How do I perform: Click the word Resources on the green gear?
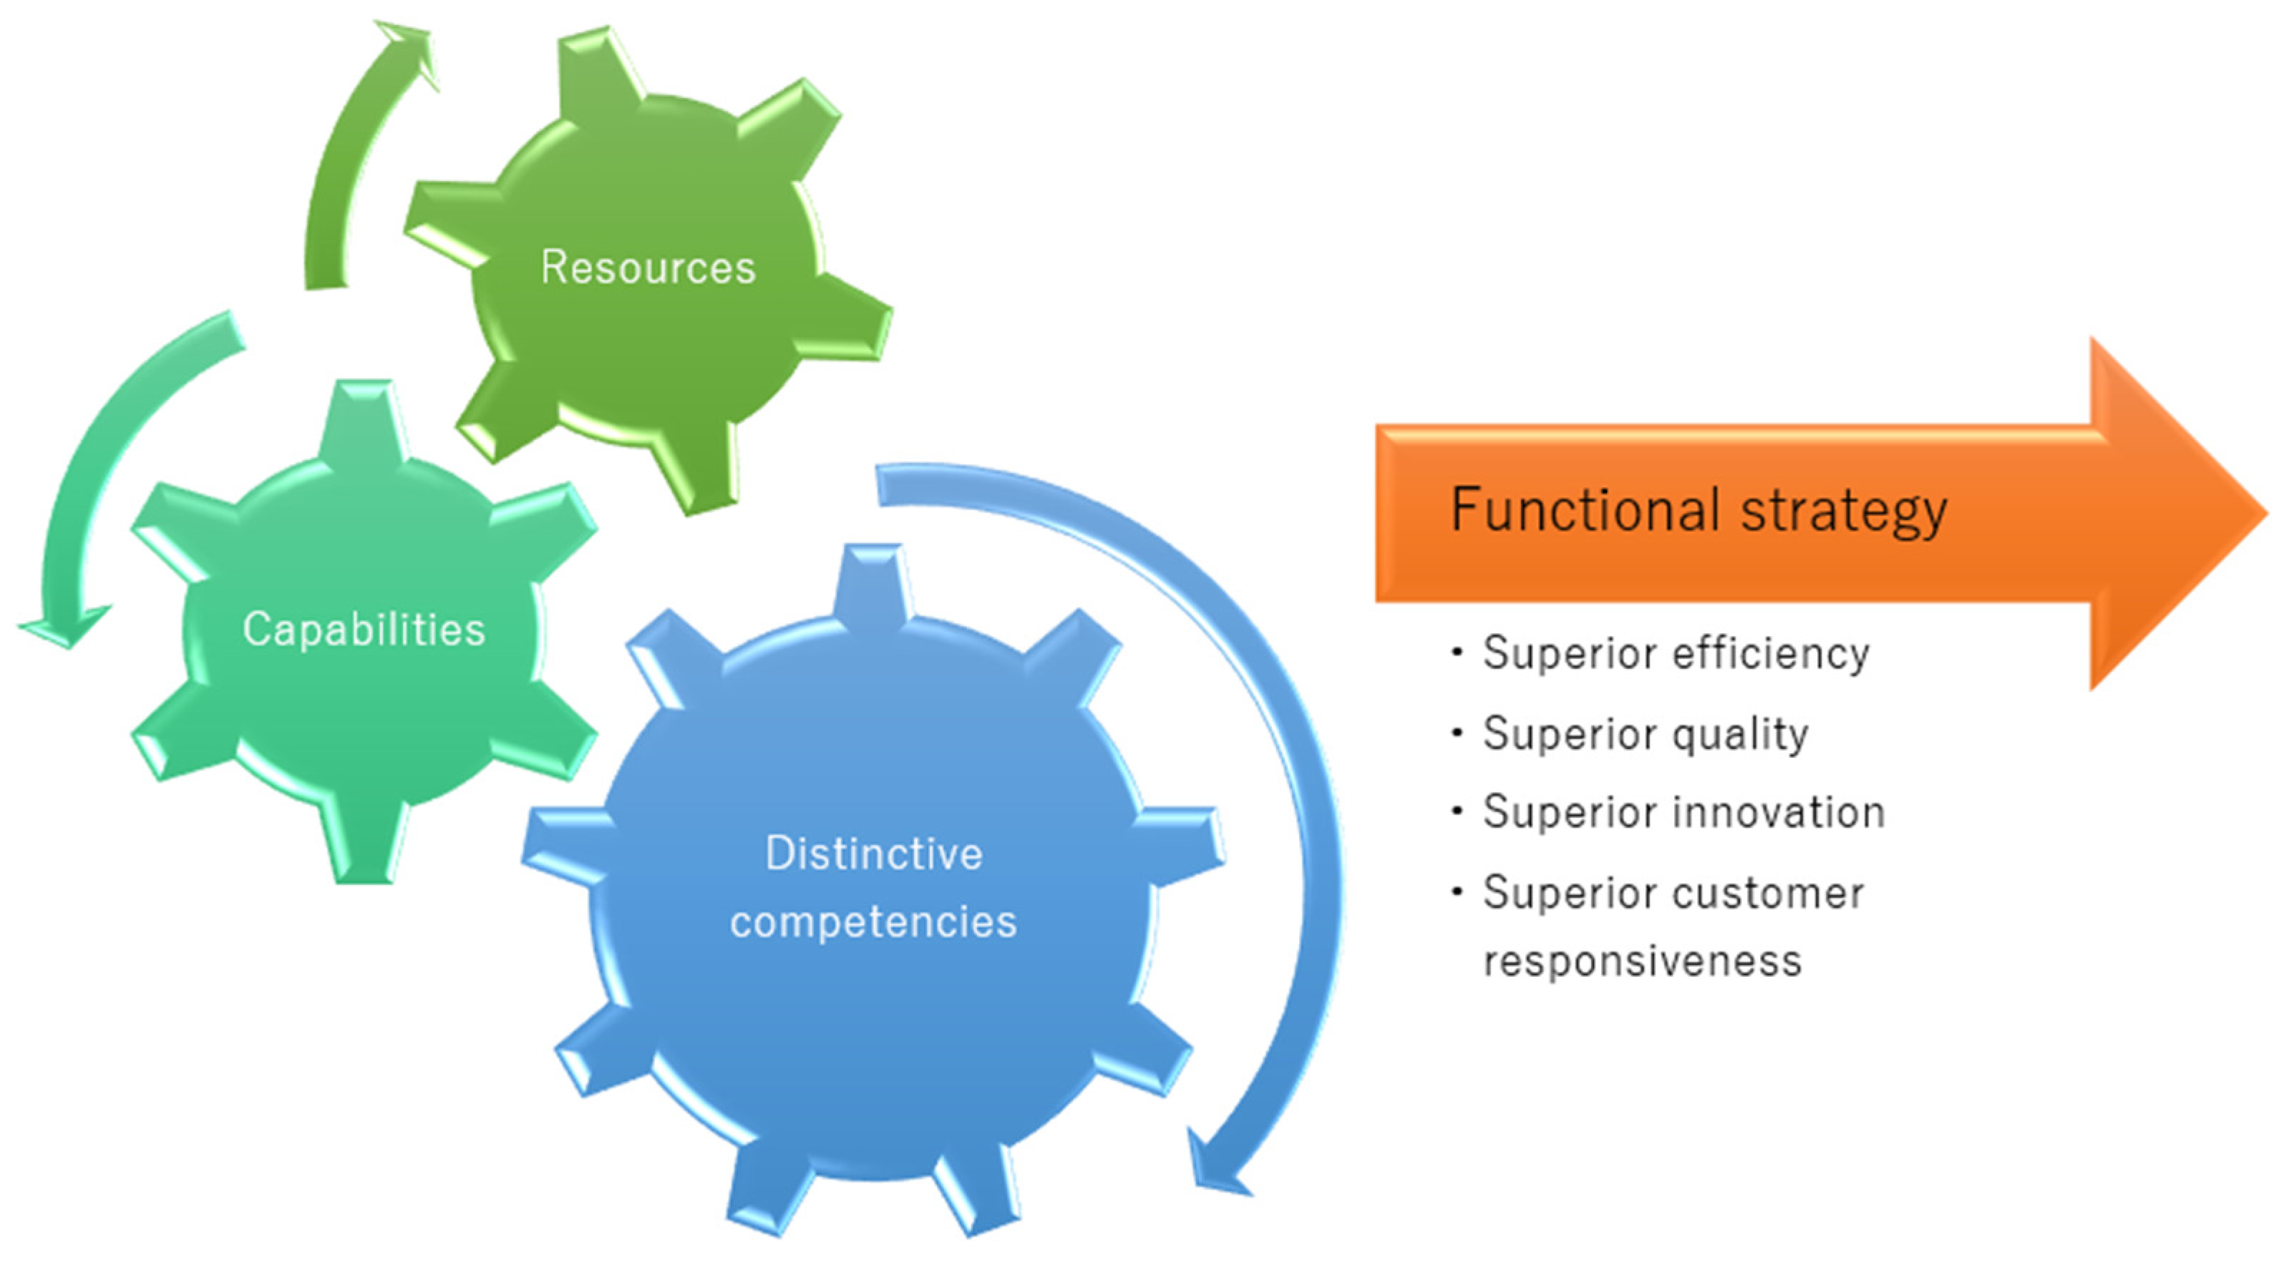tap(648, 267)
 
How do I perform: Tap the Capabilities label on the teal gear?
tap(364, 630)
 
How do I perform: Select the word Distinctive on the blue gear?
tap(873, 854)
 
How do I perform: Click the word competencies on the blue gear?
tap(873, 922)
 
